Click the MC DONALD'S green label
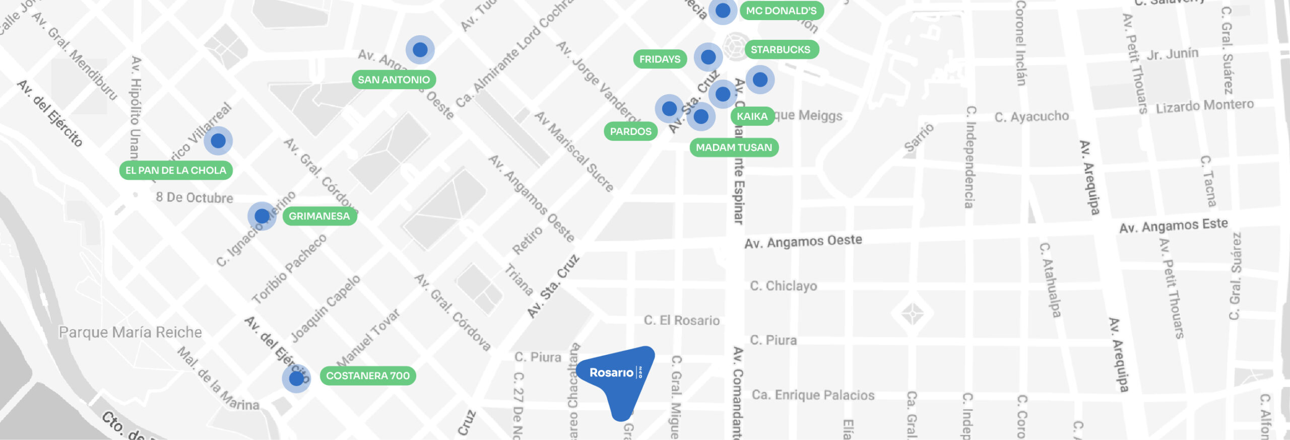[781, 11]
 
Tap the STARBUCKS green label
[781, 49]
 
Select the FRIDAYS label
[660, 59]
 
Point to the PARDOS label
[630, 131]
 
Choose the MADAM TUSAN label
[734, 148]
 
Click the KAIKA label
[752, 116]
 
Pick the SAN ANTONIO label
[394, 80]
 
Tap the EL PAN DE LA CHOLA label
[176, 170]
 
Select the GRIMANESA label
[319, 216]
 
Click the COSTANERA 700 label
[368, 376]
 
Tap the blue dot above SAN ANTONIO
[420, 49]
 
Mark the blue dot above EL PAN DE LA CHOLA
[218, 140]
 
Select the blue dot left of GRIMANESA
[262, 216]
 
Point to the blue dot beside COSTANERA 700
[296, 378]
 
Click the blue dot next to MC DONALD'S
[723, 10]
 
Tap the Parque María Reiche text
[131, 332]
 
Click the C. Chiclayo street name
[784, 286]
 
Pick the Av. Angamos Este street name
[1174, 226]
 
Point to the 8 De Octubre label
[195, 197]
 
